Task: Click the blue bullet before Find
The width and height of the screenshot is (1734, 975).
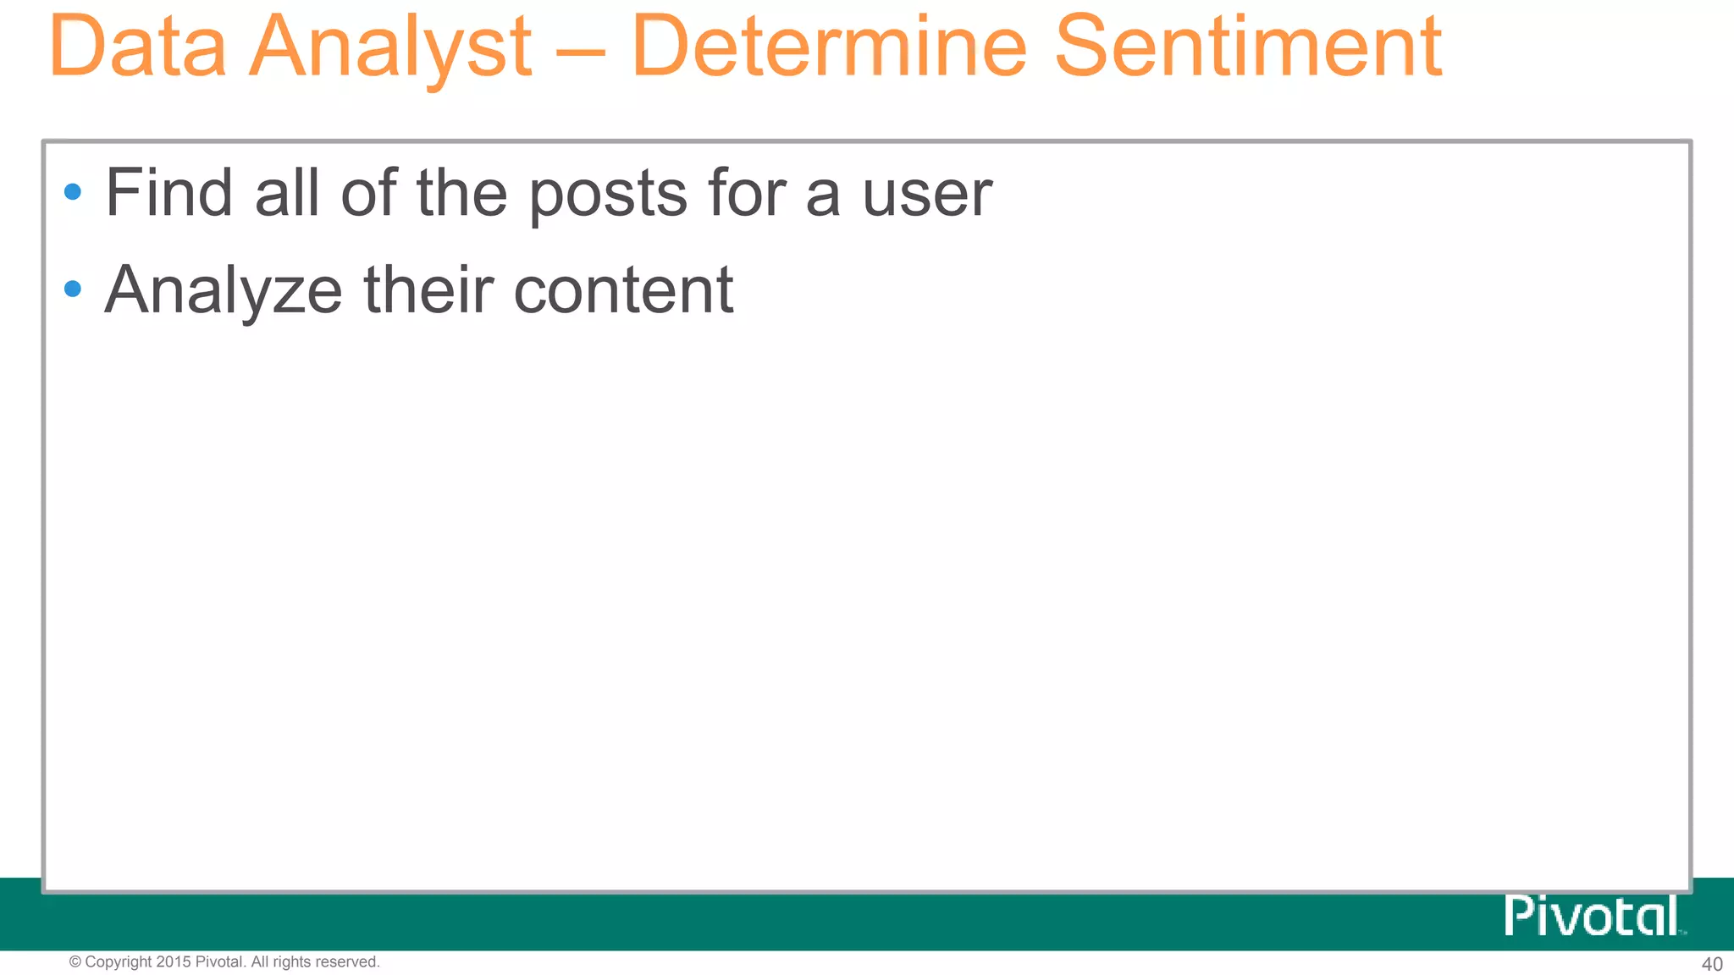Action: coord(73,192)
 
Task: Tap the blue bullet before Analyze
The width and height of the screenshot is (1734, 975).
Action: coord(73,289)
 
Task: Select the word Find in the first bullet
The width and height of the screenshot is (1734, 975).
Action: coord(168,193)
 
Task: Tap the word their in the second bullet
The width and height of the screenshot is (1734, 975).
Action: coord(428,289)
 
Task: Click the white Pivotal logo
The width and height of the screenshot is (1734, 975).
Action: coord(1592,916)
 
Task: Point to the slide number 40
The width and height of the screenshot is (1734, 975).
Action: coord(1712,964)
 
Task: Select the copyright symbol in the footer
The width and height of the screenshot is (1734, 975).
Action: coord(75,961)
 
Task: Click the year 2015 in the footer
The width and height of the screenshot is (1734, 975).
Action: coord(174,961)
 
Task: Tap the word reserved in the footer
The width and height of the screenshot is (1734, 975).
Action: coord(347,961)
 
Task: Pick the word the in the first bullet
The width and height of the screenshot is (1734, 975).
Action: coord(461,193)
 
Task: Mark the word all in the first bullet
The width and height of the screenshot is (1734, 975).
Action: coord(287,193)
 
